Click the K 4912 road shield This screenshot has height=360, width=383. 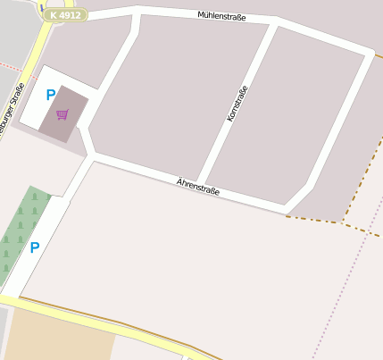tap(64, 15)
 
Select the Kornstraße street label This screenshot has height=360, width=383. tap(237, 103)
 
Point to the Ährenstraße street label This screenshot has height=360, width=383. tap(197, 187)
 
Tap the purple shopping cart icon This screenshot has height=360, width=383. tap(62, 114)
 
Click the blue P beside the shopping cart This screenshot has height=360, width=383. tap(51, 95)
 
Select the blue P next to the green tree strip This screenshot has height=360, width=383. tap(35, 247)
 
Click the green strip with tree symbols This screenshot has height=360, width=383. tap(20, 232)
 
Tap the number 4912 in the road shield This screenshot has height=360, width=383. tap(71, 15)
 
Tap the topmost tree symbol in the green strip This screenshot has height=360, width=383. tap(34, 196)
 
